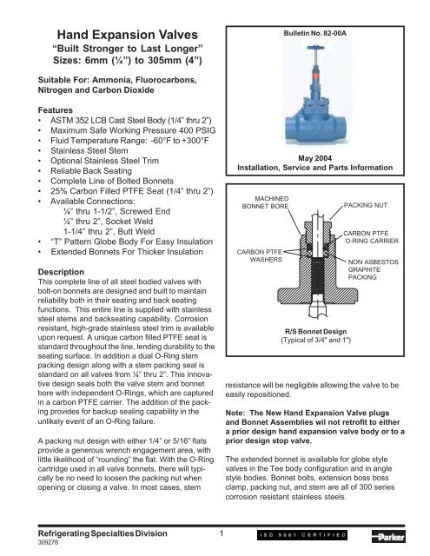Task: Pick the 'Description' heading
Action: (x=40, y=270)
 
